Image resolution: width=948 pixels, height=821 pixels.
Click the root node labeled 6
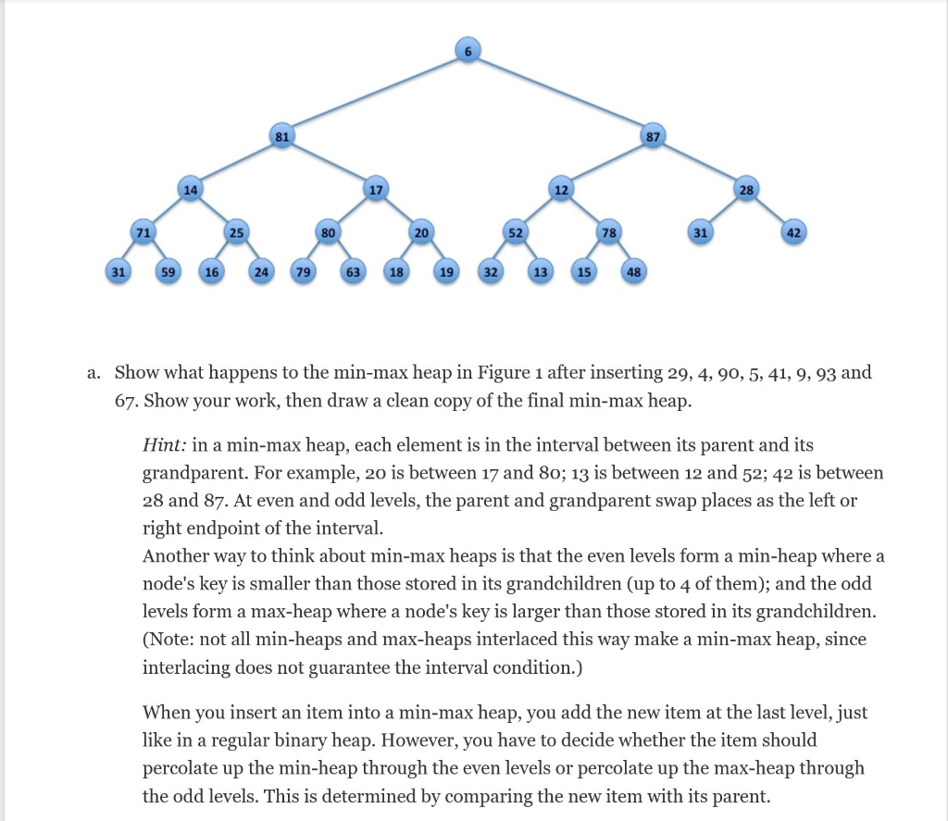tap(468, 51)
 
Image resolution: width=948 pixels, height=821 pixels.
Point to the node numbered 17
tap(374, 192)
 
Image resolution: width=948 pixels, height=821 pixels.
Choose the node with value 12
tap(560, 190)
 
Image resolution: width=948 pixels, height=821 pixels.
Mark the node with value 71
tap(143, 232)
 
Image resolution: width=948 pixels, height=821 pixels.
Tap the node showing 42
tap(792, 232)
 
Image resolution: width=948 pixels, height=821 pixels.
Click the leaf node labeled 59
tap(167, 272)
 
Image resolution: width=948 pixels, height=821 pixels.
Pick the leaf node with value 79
tap(302, 272)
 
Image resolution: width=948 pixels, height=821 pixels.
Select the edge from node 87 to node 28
tap(701, 163)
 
